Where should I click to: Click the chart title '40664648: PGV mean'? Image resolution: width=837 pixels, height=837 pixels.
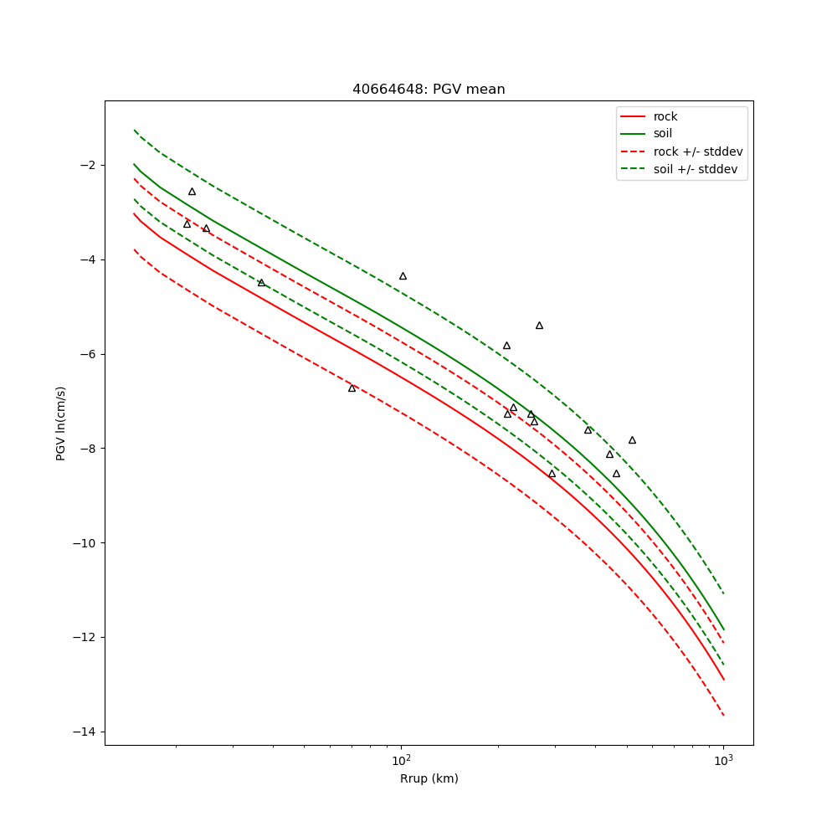pyautogui.click(x=429, y=90)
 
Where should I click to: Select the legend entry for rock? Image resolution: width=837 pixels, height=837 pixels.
pyautogui.click(x=665, y=116)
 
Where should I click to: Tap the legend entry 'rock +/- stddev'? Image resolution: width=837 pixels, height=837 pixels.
pyautogui.click(x=698, y=151)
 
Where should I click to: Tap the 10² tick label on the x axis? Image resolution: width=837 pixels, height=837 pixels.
pyautogui.click(x=402, y=758)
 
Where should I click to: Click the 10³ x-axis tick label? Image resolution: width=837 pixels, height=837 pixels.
pyautogui.click(x=723, y=758)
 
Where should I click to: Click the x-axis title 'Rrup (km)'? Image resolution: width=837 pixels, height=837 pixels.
pyautogui.click(x=429, y=779)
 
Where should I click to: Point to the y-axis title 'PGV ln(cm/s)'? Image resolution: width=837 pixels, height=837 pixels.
pyautogui.click(x=61, y=423)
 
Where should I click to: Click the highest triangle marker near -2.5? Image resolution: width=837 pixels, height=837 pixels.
pyautogui.click(x=192, y=192)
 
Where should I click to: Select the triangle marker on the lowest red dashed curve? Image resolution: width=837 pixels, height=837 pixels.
pyautogui.click(x=352, y=388)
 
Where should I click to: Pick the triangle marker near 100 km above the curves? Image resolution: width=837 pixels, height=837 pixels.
pyautogui.click(x=403, y=276)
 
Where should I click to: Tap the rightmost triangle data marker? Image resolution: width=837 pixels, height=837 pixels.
pyautogui.click(x=632, y=440)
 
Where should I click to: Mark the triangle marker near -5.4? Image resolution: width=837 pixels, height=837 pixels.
pyautogui.click(x=539, y=326)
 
